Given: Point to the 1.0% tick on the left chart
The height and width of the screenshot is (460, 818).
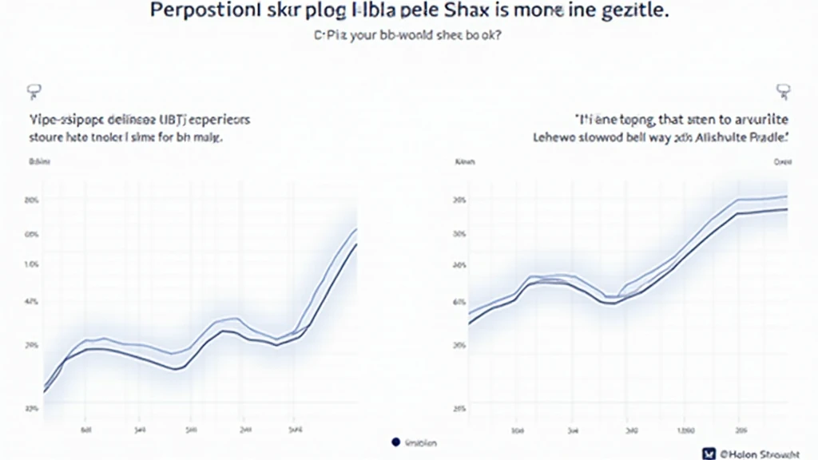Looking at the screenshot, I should [33, 264].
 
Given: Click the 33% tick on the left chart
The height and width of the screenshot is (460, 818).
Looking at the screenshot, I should [33, 407].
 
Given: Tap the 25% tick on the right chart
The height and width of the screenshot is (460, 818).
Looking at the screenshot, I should [459, 408].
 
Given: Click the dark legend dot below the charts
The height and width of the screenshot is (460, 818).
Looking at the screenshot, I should [395, 442].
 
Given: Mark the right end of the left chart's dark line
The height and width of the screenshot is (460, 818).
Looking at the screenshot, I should [356, 244].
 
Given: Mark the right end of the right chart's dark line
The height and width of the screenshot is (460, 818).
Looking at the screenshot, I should [788, 209].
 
